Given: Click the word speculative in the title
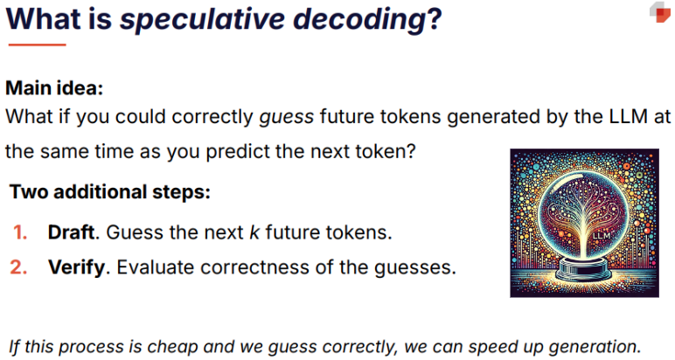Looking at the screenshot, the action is tap(202, 20).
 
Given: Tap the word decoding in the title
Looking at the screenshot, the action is tap(360, 20).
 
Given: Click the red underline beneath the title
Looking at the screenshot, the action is tap(37, 45).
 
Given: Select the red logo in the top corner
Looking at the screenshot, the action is tap(660, 12).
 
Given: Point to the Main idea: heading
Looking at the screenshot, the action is tap(54, 88).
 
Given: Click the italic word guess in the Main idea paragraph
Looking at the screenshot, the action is tap(286, 117).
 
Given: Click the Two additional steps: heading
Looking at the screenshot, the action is tap(110, 192).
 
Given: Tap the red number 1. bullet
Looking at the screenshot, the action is tap(20, 232).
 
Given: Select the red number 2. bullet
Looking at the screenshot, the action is tap(19, 267).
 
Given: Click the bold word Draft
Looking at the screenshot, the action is tap(71, 232).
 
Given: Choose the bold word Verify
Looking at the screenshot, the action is tap(77, 267).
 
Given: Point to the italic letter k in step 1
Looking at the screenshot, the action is tap(254, 232).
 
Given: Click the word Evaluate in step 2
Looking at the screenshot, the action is tap(156, 267).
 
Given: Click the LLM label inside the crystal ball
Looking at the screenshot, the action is tap(602, 236).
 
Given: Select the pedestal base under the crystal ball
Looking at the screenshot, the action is tap(585, 269).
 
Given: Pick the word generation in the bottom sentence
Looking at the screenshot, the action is tap(594, 347).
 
